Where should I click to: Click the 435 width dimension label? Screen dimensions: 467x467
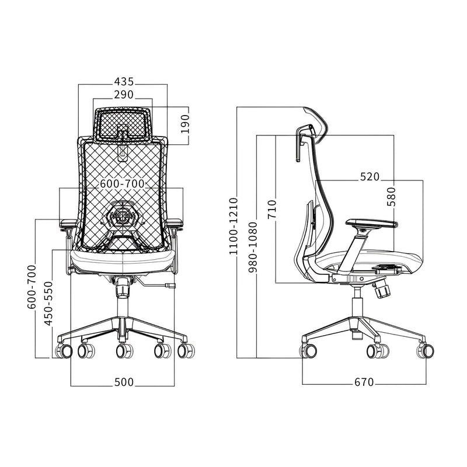123,81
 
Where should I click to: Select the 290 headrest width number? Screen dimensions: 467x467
123,94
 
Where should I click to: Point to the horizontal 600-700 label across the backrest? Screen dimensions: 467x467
122,183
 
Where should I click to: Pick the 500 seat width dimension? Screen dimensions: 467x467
124,382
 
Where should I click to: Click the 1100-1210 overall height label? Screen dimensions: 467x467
233,226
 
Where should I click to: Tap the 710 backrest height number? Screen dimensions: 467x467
272,209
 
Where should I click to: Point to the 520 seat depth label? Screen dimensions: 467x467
370,177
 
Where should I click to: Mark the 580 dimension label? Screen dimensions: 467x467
391,196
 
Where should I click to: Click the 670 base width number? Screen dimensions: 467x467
364,382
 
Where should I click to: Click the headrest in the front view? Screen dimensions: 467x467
123,124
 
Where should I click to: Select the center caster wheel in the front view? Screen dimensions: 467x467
123,351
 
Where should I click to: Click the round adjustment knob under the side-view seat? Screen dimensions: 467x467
382,290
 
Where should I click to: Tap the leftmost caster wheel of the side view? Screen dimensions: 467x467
309,351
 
